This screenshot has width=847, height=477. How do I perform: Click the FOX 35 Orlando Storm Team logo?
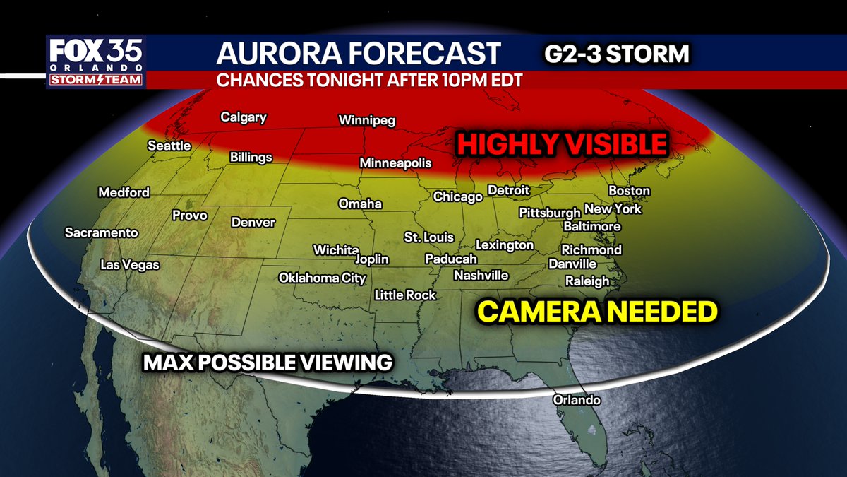coord(96,62)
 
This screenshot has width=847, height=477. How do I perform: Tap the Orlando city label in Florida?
coord(577,400)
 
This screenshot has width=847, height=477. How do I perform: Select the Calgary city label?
coord(244,117)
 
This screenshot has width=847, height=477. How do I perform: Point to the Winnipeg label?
coord(367,120)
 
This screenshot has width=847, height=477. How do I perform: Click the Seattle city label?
coord(169,146)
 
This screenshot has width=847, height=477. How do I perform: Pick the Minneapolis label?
coord(395,163)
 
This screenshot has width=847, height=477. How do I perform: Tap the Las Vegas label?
coord(130,265)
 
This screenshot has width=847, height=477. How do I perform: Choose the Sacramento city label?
coord(102,232)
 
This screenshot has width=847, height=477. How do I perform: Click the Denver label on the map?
coord(253,223)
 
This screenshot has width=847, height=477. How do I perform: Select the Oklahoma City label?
coord(323,278)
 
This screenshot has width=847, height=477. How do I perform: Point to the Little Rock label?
coord(405,295)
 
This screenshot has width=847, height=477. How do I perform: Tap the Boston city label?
coord(629,191)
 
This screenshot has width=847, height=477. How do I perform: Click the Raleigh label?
coord(587,281)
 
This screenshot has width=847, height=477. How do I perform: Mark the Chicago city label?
coord(457,197)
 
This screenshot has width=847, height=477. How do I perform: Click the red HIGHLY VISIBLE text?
coord(561,145)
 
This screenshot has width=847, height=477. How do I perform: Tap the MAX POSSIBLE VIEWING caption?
coord(268,363)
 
